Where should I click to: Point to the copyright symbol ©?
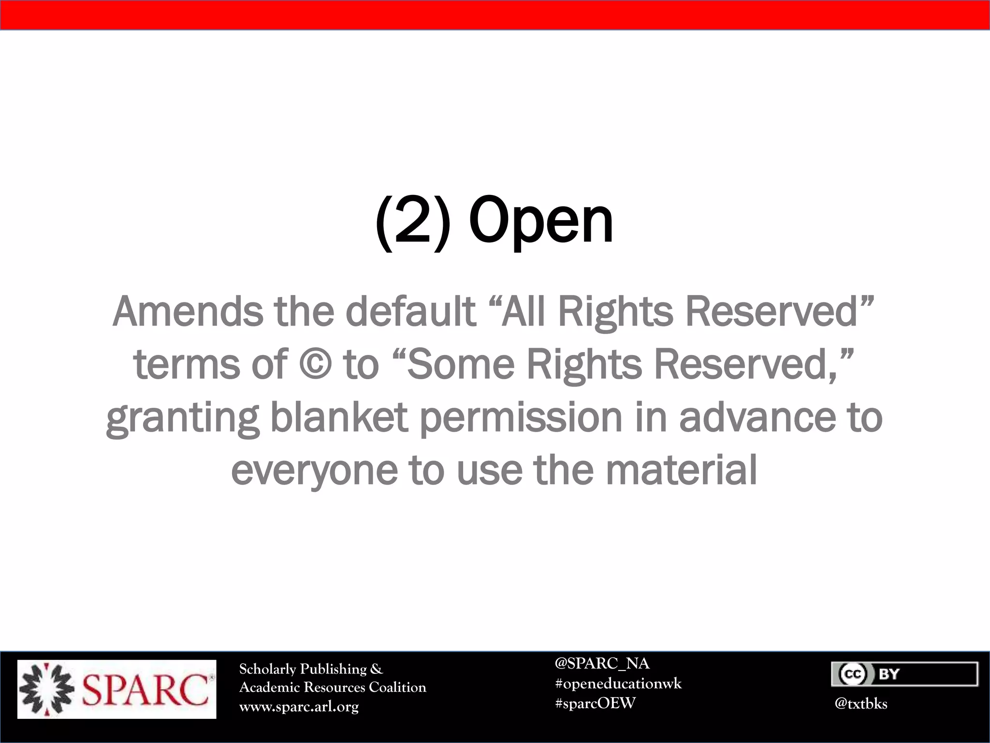[315, 364]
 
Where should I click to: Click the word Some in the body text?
[461, 364]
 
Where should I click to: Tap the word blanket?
[338, 417]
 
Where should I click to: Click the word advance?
[757, 417]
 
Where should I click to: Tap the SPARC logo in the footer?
[117, 689]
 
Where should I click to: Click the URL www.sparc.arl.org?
[299, 707]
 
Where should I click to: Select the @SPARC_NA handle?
[602, 663]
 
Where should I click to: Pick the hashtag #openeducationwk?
[618, 684]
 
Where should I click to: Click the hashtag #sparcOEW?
[595, 703]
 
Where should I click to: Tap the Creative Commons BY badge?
[904, 674]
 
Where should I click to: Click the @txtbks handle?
[861, 703]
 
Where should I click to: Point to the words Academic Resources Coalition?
[333, 687]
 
